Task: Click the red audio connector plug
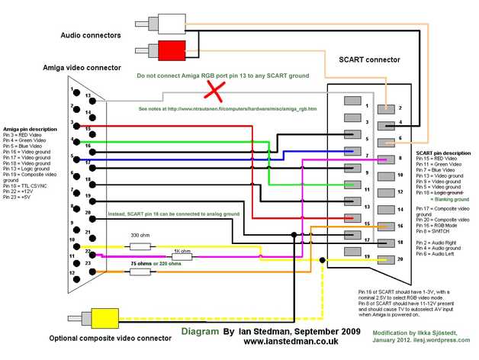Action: (169, 52)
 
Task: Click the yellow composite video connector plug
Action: (101, 316)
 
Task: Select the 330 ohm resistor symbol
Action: (140, 246)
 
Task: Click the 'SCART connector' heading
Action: (369, 59)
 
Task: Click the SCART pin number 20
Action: (399, 259)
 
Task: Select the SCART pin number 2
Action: (399, 108)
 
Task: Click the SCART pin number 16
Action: (399, 226)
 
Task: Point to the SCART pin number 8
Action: (399, 159)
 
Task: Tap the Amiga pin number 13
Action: (89, 97)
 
